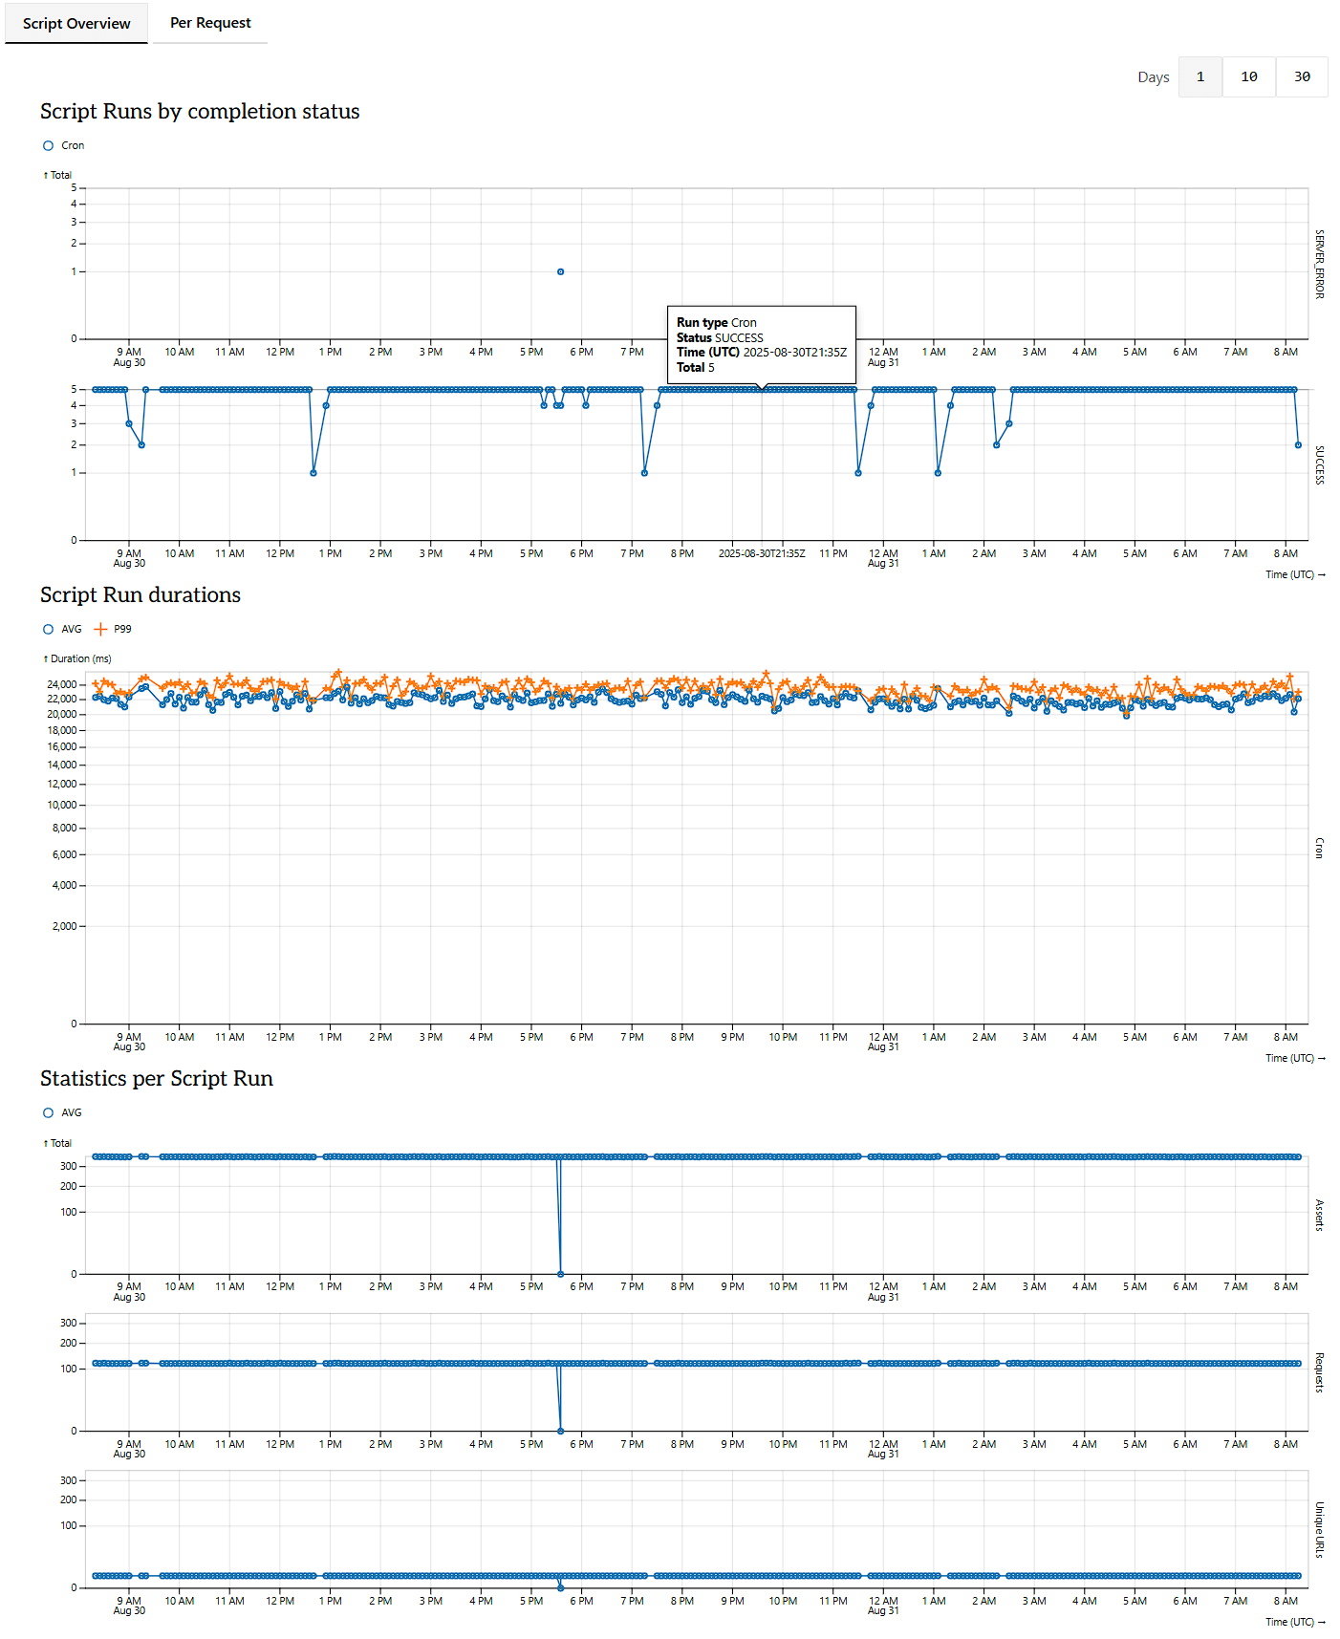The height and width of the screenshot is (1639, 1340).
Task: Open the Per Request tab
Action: point(210,23)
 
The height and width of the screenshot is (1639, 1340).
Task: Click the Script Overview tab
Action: point(76,24)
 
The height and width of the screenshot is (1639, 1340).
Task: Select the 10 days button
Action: point(1248,76)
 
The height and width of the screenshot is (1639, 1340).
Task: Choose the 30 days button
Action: point(1302,76)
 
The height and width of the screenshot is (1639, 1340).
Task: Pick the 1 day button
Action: point(1200,76)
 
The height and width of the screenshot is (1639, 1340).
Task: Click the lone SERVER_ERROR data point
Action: point(560,271)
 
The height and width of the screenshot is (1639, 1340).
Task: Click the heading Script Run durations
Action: point(140,594)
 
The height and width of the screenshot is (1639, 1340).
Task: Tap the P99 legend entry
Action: point(116,629)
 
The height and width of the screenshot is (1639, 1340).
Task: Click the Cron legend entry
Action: point(65,145)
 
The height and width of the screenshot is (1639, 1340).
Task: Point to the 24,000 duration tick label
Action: point(61,684)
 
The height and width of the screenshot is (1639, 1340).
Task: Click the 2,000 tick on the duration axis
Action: point(64,926)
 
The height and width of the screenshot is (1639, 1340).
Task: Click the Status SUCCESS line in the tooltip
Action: point(720,337)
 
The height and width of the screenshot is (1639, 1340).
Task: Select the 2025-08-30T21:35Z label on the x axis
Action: point(762,553)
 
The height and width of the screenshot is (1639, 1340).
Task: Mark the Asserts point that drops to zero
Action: point(560,1274)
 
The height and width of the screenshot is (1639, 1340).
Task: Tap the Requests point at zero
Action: point(560,1431)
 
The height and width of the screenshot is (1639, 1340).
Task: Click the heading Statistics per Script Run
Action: point(157,1078)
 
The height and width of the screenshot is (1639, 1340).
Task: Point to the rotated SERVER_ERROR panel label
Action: point(1319,264)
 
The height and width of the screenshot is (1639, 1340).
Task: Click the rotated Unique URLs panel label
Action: point(1319,1529)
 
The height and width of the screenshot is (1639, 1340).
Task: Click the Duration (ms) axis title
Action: point(80,658)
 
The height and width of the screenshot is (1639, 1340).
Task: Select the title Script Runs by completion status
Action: point(200,111)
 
